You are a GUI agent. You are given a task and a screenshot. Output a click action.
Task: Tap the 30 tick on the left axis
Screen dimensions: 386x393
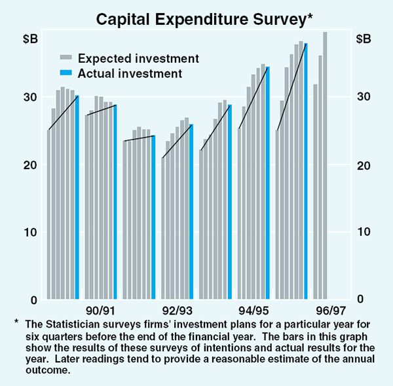29,97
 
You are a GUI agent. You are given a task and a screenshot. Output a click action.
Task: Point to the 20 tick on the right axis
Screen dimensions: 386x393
364,165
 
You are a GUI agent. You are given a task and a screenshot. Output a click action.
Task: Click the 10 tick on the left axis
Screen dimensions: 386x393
29,232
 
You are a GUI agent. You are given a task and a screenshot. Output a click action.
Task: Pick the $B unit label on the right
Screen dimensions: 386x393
364,39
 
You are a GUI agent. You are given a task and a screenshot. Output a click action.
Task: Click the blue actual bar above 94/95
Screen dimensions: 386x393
267,183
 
